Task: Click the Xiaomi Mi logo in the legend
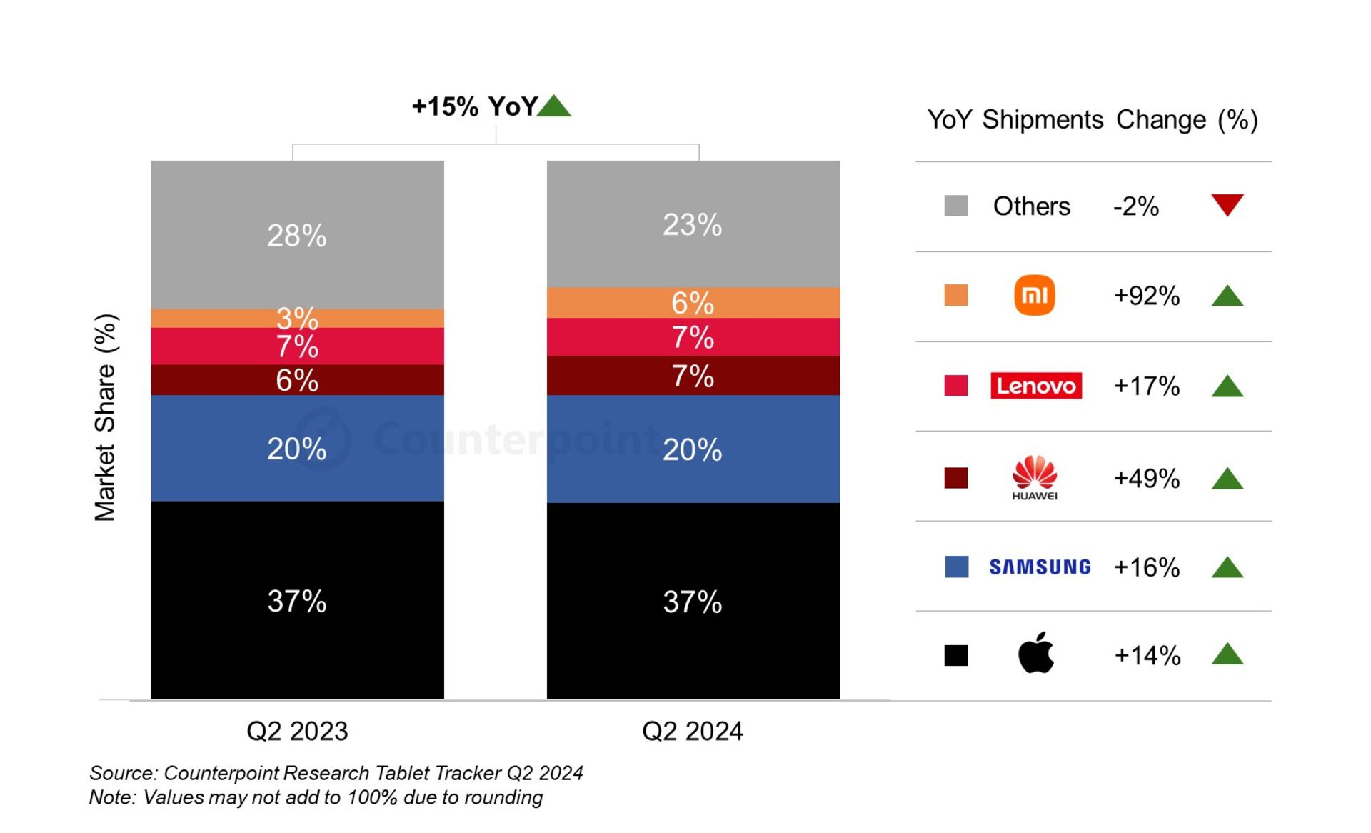tap(1034, 295)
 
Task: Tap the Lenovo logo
tap(1035, 386)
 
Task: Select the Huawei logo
tap(1034, 477)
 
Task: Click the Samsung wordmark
tap(1040, 567)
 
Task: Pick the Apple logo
tap(1035, 653)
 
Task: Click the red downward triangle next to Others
tap(1227, 204)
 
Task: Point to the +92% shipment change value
tap(1146, 296)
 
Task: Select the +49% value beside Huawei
tap(1146, 478)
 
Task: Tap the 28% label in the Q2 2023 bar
tap(297, 236)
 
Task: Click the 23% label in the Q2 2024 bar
tap(693, 225)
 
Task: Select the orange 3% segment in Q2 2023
tap(214, 319)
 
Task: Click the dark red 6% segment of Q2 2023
tap(214, 380)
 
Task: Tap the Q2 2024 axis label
tap(693, 731)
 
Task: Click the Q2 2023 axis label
tap(297, 731)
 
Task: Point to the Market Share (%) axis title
tap(105, 418)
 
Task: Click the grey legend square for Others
tap(955, 206)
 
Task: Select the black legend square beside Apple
tap(955, 655)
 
